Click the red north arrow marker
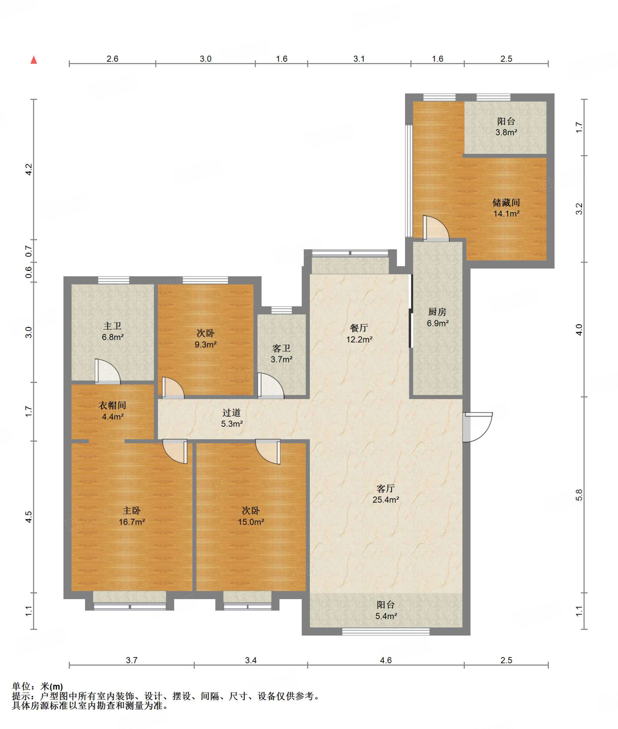[x=34, y=60]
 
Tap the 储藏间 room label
[x=506, y=203]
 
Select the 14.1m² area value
[x=506, y=214]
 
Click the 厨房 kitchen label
[x=437, y=312]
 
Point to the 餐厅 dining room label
[x=359, y=328]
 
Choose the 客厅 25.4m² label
[x=386, y=494]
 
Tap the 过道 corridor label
[x=232, y=413]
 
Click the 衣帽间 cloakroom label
[x=112, y=405]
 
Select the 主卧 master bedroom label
[x=132, y=511]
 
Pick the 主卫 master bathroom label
[x=113, y=326]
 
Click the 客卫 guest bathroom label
[x=281, y=348]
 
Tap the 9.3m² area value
[x=206, y=344]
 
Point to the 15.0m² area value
[x=251, y=522]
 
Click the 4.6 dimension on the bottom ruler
[x=386, y=660]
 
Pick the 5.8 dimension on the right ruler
[x=579, y=495]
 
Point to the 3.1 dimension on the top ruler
[x=359, y=59]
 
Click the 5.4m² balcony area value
[x=386, y=616]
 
